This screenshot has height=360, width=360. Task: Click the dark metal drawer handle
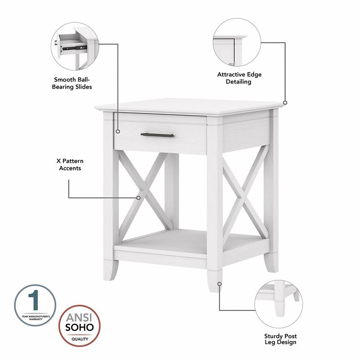pyautogui.click(x=157, y=135)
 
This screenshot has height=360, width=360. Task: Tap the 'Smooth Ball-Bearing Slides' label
pyautogui.click(x=72, y=83)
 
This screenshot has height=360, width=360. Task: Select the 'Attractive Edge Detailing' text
pyautogui.click(x=239, y=78)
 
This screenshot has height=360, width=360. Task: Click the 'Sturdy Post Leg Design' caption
pyautogui.click(x=280, y=339)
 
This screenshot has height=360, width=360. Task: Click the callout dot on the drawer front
pyautogui.click(x=118, y=132)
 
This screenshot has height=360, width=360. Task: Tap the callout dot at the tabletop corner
pyautogui.click(x=285, y=103)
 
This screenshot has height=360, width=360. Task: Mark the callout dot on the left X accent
pyautogui.click(x=139, y=197)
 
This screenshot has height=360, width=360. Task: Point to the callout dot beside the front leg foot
pyautogui.click(x=220, y=284)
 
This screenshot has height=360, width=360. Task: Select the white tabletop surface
pyautogui.click(x=189, y=107)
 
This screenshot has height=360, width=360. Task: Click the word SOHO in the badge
pyautogui.click(x=81, y=326)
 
